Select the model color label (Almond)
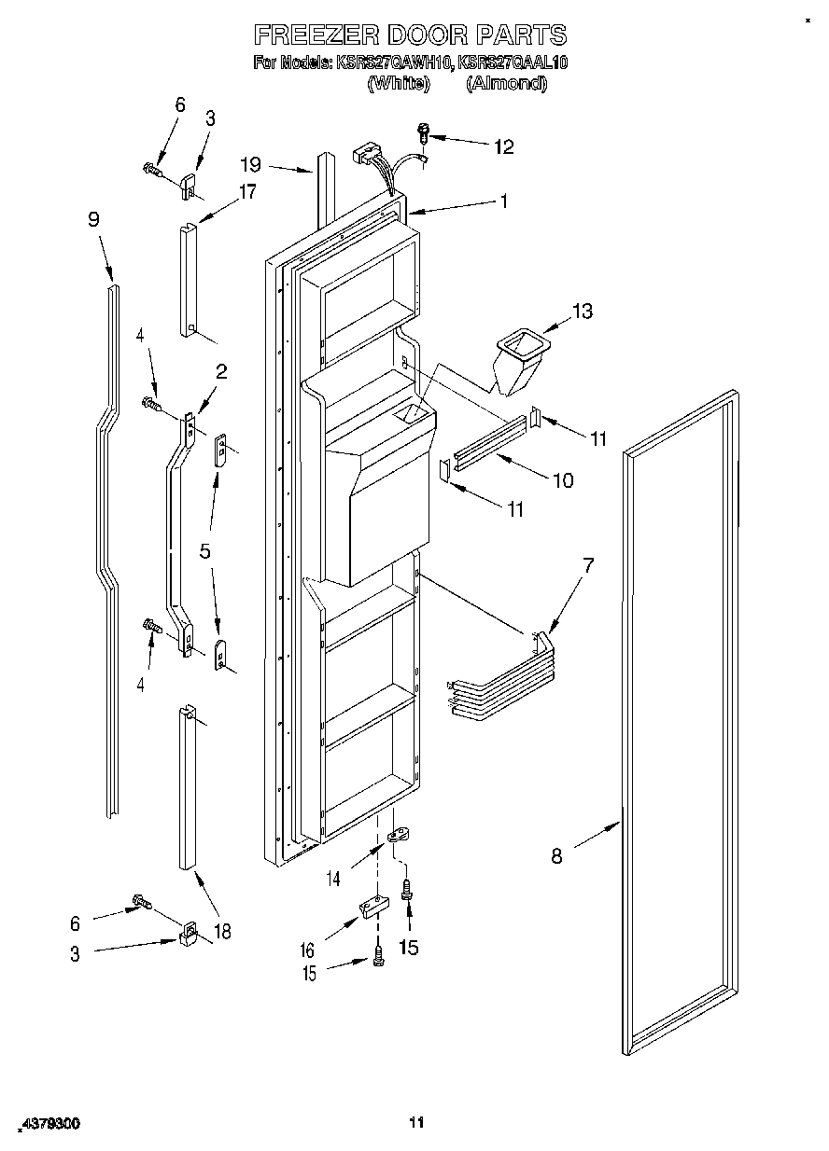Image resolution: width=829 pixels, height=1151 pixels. [506, 83]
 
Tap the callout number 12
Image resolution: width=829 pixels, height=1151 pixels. [503, 146]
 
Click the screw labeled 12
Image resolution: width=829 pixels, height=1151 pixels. [423, 133]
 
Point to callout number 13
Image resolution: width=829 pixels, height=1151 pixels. [582, 312]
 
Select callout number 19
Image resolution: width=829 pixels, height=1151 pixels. [249, 165]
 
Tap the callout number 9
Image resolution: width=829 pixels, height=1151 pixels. [93, 220]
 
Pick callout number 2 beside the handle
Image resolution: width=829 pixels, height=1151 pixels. [221, 371]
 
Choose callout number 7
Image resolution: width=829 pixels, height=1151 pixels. [587, 564]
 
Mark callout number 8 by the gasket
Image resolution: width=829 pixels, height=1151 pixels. [556, 856]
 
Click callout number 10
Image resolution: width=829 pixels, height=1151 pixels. [563, 480]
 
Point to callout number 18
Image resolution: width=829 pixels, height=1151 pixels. [221, 931]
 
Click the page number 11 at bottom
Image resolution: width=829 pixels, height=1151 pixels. [416, 1122]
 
